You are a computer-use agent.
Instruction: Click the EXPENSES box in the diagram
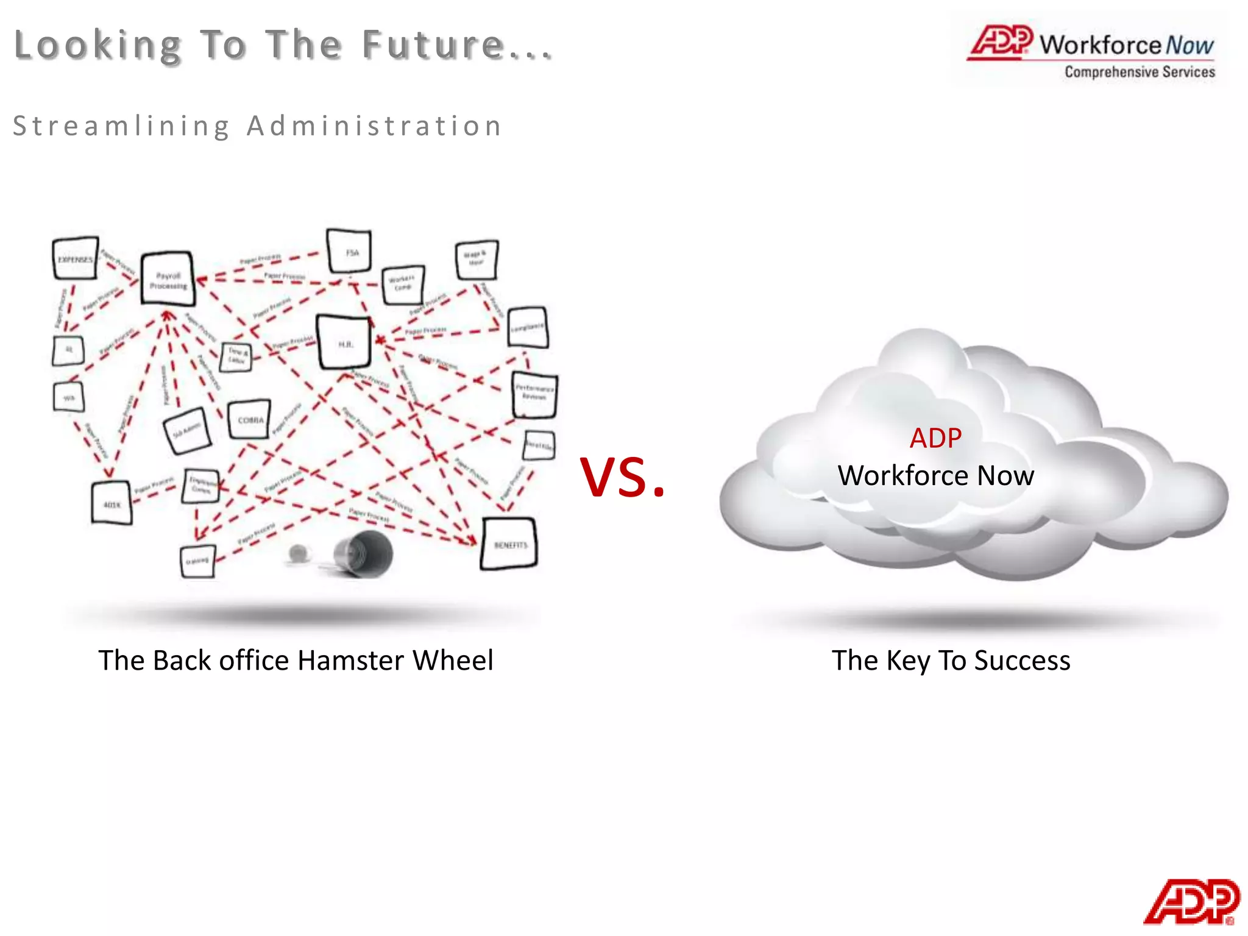[x=76, y=259]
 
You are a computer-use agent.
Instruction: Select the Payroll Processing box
[x=168, y=280]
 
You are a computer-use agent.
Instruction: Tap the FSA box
[x=350, y=252]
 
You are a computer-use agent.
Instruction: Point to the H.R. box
[x=344, y=343]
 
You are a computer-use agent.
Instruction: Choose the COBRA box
[x=250, y=419]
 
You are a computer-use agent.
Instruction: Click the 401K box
[x=112, y=503]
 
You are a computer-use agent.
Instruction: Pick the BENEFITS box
[x=510, y=544]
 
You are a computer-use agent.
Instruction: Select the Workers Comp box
[x=403, y=284]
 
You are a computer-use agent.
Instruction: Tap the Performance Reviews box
[x=534, y=394]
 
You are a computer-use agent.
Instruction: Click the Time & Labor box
[x=236, y=356]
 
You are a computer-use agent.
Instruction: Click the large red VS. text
[x=622, y=477]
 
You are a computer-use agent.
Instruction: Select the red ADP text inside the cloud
[x=935, y=438]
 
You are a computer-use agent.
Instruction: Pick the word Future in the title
[x=433, y=45]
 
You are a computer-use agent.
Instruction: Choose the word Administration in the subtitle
[x=374, y=126]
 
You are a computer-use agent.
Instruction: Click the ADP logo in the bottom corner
[x=1191, y=901]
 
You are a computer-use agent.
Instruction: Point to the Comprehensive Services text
[x=1140, y=72]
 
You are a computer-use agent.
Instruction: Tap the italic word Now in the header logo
[x=1189, y=46]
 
